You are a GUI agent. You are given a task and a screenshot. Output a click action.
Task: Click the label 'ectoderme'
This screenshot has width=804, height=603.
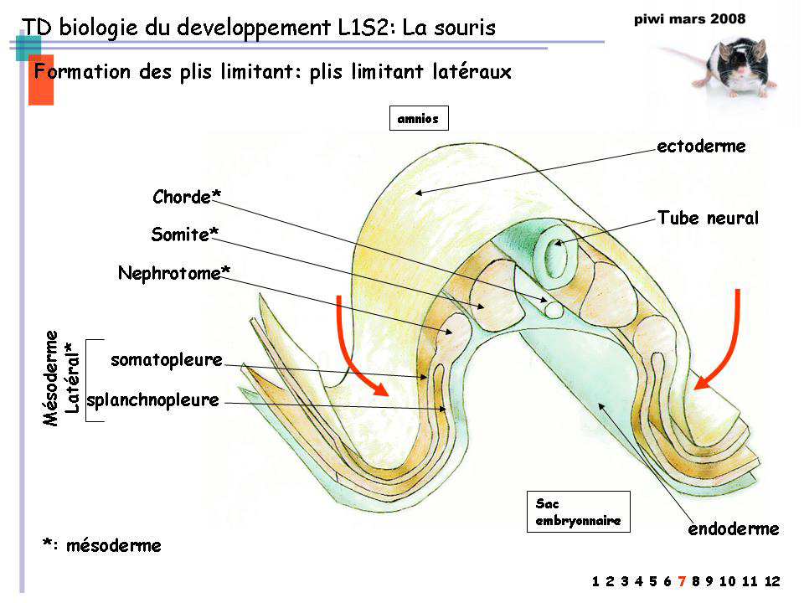[x=701, y=147]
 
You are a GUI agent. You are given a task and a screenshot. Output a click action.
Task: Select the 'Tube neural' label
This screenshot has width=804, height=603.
[x=708, y=219]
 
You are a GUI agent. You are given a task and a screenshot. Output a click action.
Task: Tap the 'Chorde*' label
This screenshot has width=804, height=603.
[x=187, y=197]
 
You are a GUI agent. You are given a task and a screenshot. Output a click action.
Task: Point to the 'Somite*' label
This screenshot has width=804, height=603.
[x=179, y=234]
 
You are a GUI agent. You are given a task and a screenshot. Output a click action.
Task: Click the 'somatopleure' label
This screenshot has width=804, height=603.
[x=167, y=360]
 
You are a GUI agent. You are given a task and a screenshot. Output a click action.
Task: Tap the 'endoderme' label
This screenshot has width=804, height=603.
[x=734, y=528]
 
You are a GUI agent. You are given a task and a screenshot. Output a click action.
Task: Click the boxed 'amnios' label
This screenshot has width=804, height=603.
[x=419, y=119]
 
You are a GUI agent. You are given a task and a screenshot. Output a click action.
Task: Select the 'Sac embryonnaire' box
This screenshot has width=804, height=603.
[x=578, y=512]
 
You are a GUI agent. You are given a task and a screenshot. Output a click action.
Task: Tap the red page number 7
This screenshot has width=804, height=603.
[x=683, y=581]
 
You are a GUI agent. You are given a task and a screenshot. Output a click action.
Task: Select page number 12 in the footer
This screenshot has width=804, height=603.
[x=771, y=581]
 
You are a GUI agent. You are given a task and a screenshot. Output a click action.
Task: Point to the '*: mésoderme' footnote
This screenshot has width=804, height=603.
[x=101, y=545]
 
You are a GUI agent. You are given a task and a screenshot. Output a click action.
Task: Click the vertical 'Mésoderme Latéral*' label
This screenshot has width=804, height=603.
[x=62, y=377]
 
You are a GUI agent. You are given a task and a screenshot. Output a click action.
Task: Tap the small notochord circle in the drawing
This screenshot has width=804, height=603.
[x=554, y=309]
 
